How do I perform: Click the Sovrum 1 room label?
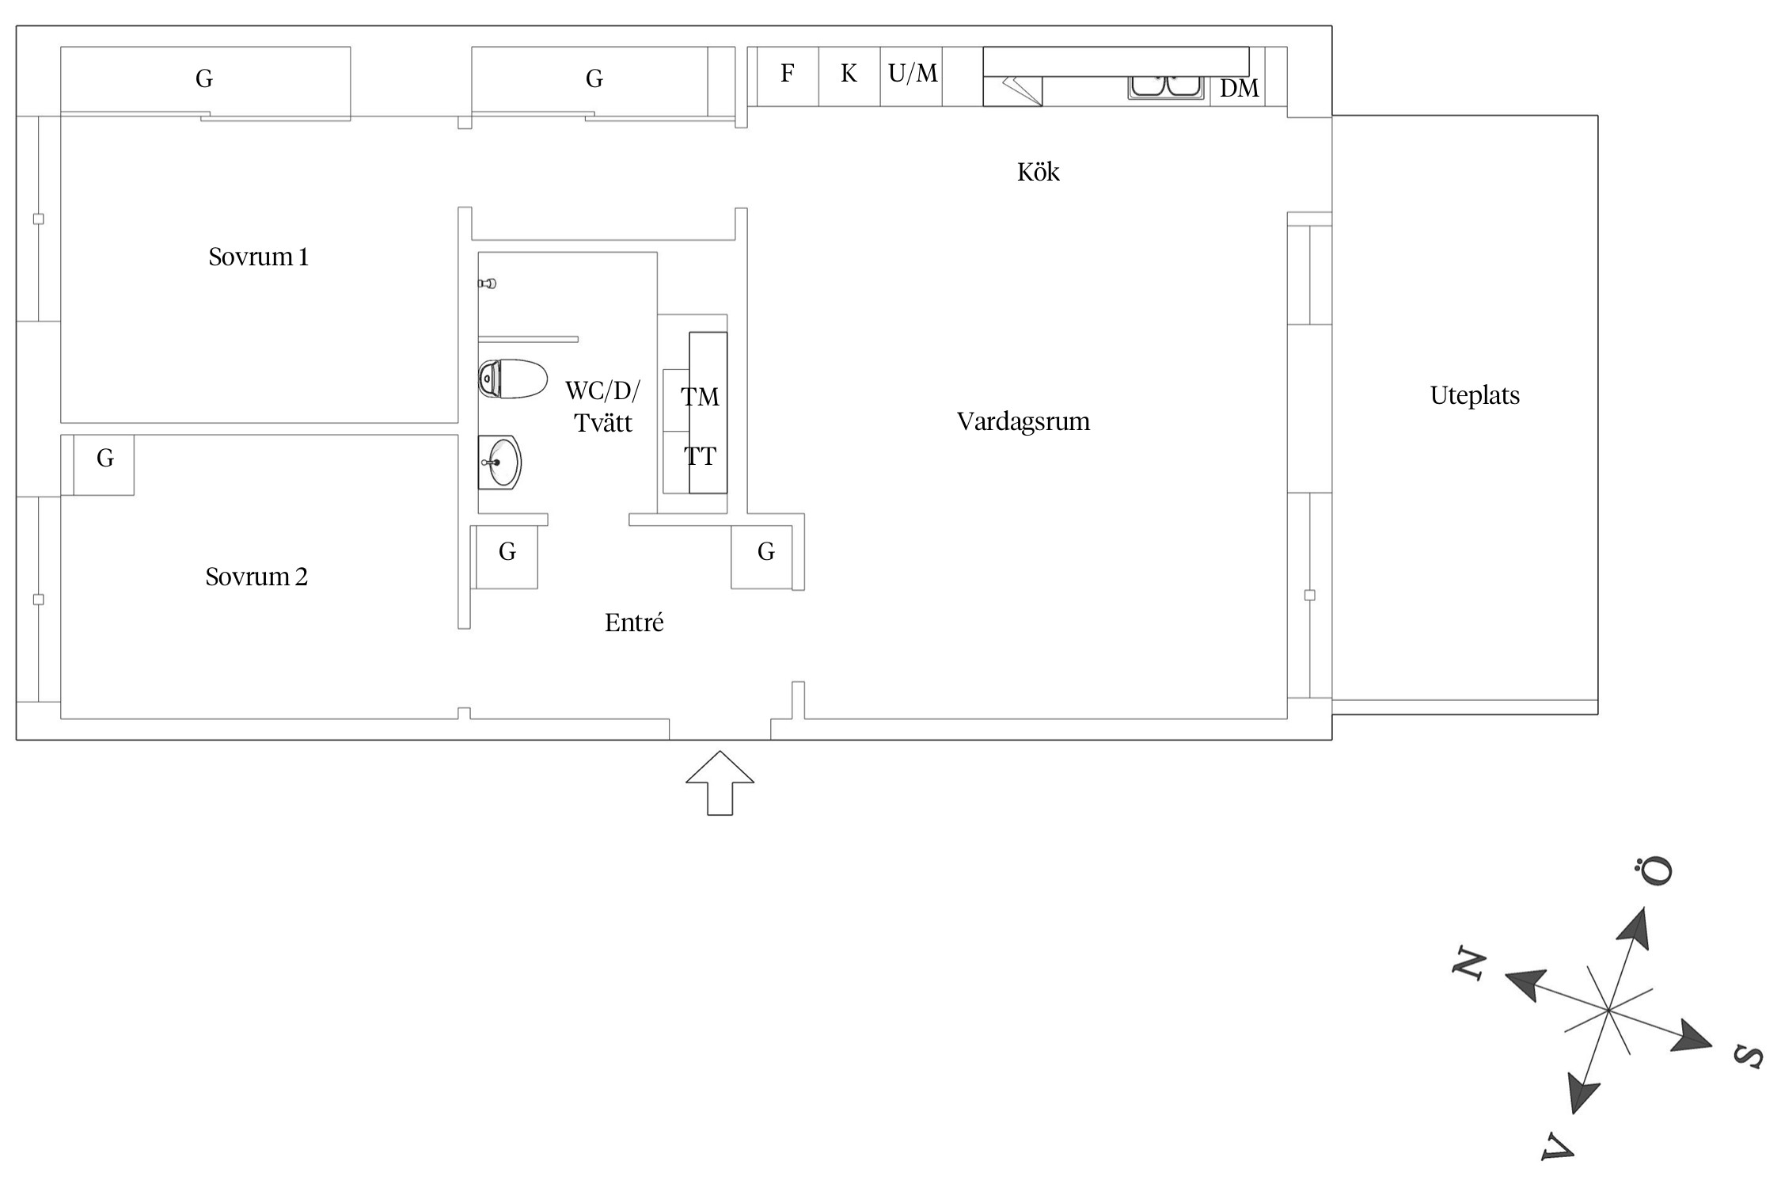click(258, 257)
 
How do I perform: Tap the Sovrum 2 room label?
click(256, 577)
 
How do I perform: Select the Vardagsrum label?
click(1023, 421)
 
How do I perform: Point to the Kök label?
click(1038, 172)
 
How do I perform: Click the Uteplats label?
click(1475, 396)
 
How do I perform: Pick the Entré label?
click(634, 623)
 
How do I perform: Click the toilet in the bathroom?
click(513, 379)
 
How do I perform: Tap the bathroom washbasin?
click(499, 463)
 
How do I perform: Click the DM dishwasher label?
click(1239, 89)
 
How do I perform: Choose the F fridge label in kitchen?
click(787, 74)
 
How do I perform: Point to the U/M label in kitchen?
click(913, 74)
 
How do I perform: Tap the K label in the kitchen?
click(849, 74)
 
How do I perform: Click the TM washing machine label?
click(700, 397)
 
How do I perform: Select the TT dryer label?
click(700, 456)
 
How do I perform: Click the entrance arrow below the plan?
click(720, 782)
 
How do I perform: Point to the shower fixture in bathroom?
click(488, 284)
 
